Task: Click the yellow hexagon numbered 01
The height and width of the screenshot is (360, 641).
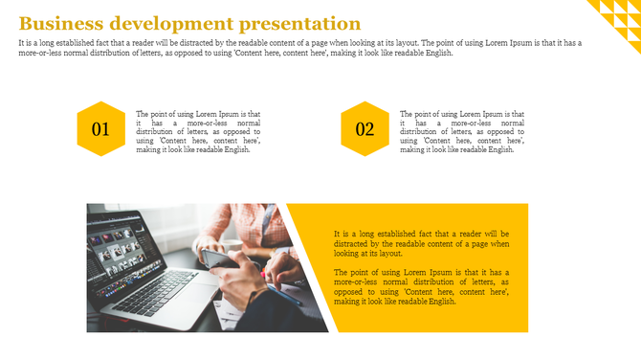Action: [x=101, y=128]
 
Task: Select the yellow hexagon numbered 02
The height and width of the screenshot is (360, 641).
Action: [x=365, y=128]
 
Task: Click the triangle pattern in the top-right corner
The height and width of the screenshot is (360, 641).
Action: [x=617, y=17]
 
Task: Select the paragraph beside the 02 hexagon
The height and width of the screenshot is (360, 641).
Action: [x=462, y=131]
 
